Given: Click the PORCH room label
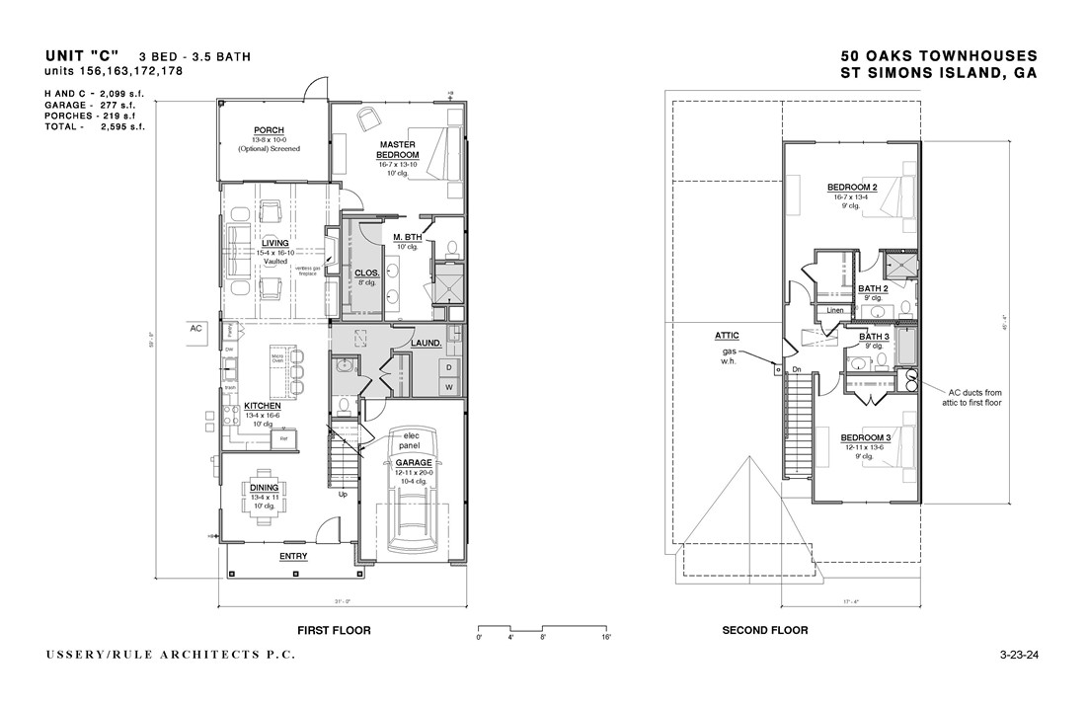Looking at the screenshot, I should (270, 130).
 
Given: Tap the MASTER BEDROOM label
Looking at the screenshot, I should (400, 149).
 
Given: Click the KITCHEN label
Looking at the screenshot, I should (263, 406).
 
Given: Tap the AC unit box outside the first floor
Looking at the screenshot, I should (195, 331).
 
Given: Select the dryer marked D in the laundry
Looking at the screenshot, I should (448, 367).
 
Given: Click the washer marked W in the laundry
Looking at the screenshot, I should (448, 386).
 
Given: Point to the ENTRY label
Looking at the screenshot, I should (293, 556).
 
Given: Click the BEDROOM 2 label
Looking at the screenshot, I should (853, 188).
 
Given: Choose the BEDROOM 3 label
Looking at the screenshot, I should (866, 436).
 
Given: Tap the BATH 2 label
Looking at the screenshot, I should (873, 288).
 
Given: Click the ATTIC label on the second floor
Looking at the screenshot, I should (728, 336).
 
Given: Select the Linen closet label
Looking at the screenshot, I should (835, 310).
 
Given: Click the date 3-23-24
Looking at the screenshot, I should (1019, 655).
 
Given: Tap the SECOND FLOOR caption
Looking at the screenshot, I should (764, 630).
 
